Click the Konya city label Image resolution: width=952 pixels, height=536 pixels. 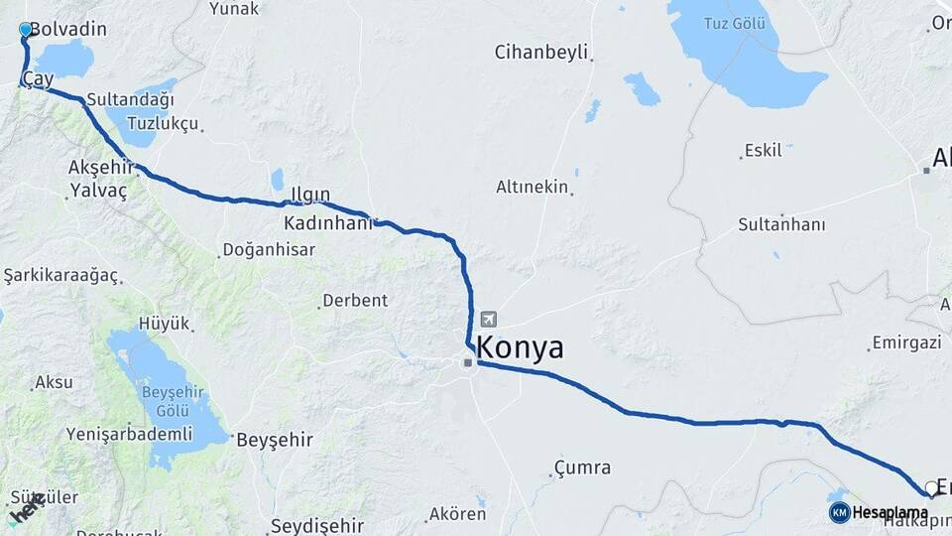coord(520,348)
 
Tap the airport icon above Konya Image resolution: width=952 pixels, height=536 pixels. coord(488,320)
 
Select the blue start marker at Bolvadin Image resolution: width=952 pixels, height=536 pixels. coord(26,31)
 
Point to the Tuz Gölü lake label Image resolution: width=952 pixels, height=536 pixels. coord(735,23)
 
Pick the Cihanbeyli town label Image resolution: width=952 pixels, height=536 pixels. coord(541,52)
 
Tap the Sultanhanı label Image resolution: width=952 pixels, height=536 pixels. coord(781,225)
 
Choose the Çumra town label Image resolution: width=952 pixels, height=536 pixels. coord(582,468)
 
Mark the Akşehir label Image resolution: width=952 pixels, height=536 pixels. coord(100,166)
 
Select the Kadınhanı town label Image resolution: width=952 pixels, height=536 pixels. coord(327,223)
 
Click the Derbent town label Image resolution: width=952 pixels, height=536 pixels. coord(354,301)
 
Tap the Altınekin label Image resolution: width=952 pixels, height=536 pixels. coord(533,187)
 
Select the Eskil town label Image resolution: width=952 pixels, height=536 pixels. coord(763,151)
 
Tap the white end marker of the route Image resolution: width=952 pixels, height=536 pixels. coord(931,487)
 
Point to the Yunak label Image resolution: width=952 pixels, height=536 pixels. coord(234,9)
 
